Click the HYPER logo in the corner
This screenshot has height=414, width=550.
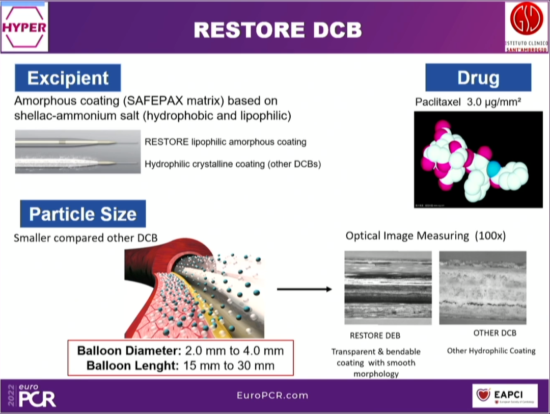tap(24, 27)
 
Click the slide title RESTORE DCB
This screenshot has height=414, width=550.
tap(278, 30)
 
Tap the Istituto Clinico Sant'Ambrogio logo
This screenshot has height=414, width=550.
tap(527, 27)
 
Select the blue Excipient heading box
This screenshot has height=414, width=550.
tap(68, 78)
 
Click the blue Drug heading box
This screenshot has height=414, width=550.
tap(478, 78)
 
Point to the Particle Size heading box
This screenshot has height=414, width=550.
tap(82, 214)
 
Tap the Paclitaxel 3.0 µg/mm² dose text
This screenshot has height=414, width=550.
tap(468, 102)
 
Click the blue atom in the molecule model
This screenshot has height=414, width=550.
tap(493, 168)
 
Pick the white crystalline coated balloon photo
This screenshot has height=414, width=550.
tap(77, 164)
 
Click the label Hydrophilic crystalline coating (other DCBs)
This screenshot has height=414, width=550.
tap(233, 164)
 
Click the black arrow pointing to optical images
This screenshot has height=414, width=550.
tap(304, 289)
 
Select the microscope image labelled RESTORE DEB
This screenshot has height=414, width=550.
tap(388, 288)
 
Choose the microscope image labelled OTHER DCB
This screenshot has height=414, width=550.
tap(482, 288)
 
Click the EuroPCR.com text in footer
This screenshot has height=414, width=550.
tap(272, 395)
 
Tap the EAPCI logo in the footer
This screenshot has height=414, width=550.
tap(505, 395)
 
